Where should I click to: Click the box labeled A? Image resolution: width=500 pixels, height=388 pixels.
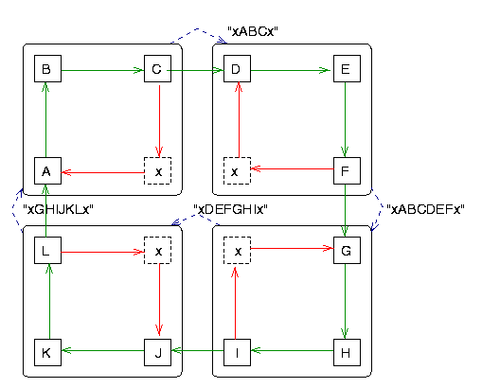(48, 170)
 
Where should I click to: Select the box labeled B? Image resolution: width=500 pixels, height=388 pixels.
(48, 68)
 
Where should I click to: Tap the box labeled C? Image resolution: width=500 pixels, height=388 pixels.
(157, 68)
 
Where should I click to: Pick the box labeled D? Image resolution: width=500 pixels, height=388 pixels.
(238, 68)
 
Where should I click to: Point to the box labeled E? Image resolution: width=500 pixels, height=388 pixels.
(347, 68)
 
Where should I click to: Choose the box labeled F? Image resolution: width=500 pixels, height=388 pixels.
(347, 170)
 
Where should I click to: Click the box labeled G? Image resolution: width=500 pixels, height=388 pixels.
(347, 251)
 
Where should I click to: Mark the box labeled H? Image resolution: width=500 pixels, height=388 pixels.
(347, 352)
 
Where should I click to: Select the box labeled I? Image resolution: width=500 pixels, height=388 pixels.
(238, 352)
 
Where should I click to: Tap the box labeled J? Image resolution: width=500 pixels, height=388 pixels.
(157, 352)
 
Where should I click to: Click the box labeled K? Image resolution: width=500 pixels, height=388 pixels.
(48, 352)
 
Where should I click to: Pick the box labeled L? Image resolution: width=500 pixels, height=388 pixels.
(48, 251)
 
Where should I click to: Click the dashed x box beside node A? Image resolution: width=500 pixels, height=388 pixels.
(157, 170)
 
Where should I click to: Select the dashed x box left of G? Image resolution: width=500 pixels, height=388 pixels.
(238, 251)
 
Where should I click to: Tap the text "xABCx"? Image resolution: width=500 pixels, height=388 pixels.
(253, 31)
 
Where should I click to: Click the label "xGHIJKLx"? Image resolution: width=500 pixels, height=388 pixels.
(58, 209)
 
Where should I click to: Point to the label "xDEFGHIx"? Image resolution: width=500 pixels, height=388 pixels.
(230, 209)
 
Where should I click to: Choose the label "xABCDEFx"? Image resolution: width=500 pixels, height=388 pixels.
(425, 209)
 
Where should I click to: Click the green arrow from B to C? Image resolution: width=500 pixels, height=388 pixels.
(102, 70)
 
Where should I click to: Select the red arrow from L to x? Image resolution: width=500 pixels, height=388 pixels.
(102, 253)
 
